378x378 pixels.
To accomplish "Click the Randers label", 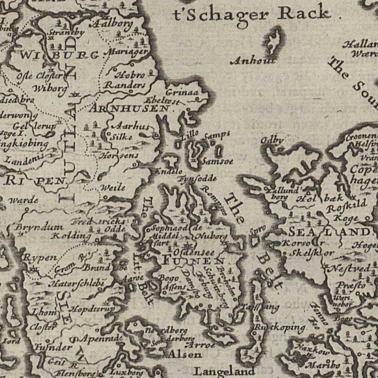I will point(125,85).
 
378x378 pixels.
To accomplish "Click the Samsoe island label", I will point(217,161).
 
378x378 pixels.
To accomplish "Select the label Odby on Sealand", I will point(272,140).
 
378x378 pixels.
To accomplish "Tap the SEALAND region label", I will point(328,232).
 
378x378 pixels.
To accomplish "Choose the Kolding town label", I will point(71,236).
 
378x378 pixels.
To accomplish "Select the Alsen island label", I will point(184,354).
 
